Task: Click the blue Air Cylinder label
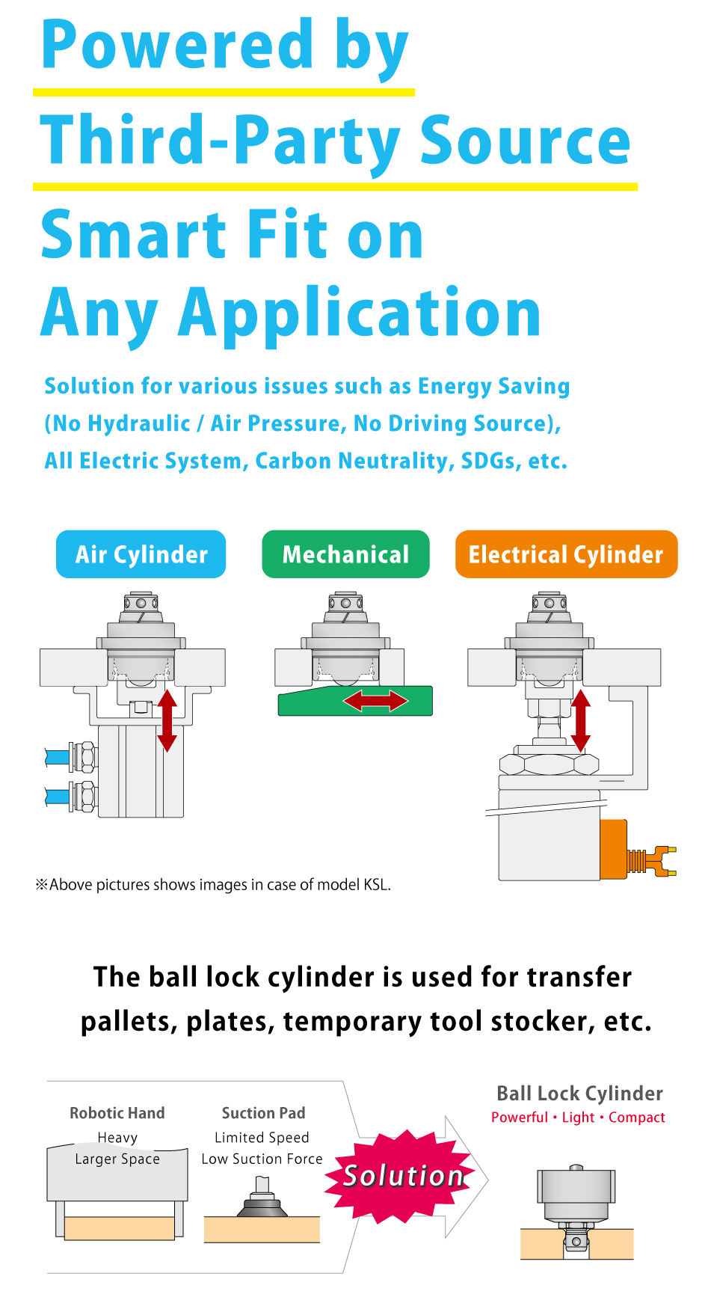click(141, 554)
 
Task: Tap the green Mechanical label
click(345, 554)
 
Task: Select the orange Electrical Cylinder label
click(566, 554)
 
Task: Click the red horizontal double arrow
click(375, 701)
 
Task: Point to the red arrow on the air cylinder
click(167, 720)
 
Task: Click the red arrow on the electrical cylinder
click(581, 720)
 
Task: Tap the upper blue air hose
click(58, 757)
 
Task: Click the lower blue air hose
click(58, 796)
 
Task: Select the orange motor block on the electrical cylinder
click(614, 849)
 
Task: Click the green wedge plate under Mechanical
click(355, 702)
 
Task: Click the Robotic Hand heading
click(117, 1113)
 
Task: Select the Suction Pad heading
click(263, 1113)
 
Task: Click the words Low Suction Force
click(262, 1159)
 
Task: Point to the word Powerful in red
click(520, 1117)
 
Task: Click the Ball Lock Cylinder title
click(579, 1094)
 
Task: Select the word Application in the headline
click(359, 313)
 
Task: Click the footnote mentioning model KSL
click(213, 884)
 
